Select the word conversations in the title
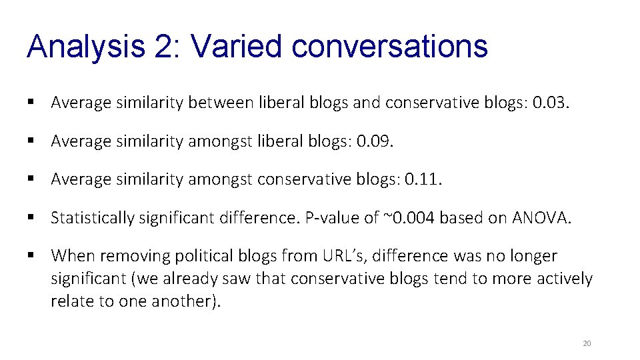[390, 46]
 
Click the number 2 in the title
[163, 46]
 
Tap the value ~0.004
[407, 217]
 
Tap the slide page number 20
[587, 343]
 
